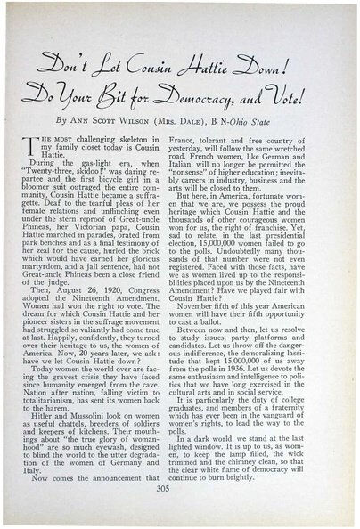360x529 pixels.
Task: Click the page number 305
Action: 180,487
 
